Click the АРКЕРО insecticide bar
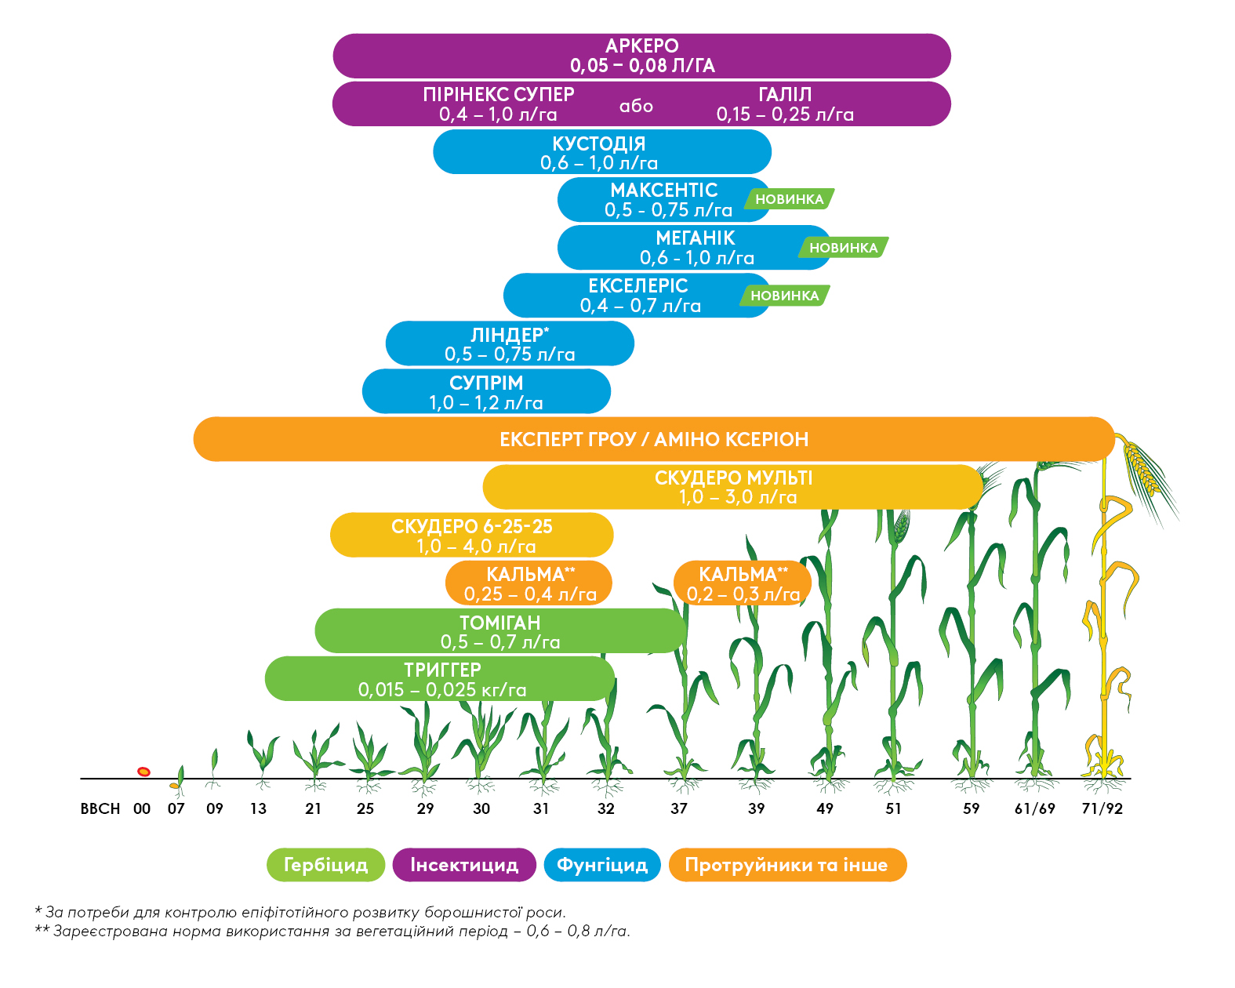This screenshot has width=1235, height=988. tap(641, 56)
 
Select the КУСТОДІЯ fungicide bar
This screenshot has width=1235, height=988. tap(601, 152)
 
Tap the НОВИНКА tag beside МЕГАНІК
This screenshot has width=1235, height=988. tap(844, 248)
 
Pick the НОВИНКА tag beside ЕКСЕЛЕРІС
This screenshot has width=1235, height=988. tap(784, 296)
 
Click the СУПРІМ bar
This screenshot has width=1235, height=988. tap(486, 392)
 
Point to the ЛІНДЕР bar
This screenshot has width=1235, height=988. tap(510, 344)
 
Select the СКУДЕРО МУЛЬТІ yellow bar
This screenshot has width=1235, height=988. tap(733, 487)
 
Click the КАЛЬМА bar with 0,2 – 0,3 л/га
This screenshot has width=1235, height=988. tap(742, 584)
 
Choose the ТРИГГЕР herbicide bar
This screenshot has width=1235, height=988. tap(441, 679)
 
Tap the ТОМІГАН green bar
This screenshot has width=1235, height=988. tap(500, 631)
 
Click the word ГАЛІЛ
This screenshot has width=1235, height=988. tap(785, 95)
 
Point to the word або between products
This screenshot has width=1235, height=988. tap(636, 106)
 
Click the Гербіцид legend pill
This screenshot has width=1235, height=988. tap(325, 865)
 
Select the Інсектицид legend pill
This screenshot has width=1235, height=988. tap(464, 865)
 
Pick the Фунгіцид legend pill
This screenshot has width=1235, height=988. tap(602, 865)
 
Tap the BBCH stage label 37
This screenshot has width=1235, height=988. tap(679, 808)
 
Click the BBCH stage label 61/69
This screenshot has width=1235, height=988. tap(1035, 808)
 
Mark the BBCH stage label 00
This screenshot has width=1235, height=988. tap(142, 808)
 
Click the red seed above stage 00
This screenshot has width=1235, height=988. tap(143, 772)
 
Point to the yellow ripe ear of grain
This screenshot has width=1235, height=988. tap(1142, 470)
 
